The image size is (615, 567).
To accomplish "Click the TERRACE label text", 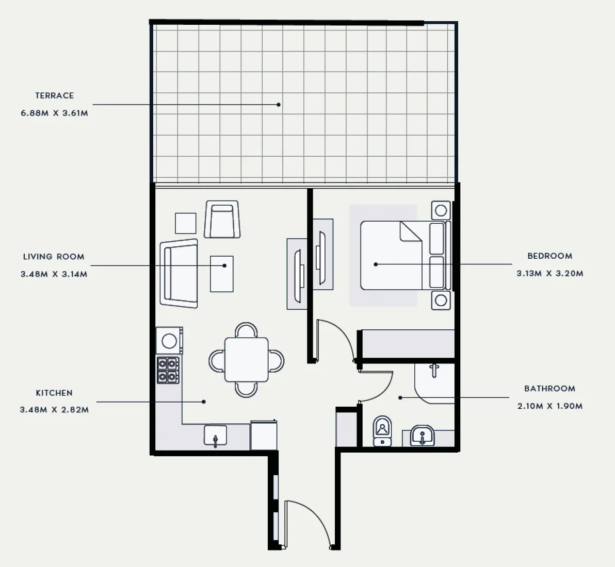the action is click(55, 95).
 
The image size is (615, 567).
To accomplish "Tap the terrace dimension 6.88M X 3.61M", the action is click(55, 113).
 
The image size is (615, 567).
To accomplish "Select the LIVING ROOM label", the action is click(54, 257).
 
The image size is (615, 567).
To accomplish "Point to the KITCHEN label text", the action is click(54, 393).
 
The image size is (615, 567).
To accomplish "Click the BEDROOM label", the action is click(550, 256).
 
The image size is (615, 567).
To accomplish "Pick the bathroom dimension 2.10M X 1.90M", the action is click(550, 406).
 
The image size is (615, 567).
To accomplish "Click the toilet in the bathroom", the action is click(382, 431).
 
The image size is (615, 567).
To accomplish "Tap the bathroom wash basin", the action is click(422, 436).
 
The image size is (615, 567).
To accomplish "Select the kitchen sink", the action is click(215, 436).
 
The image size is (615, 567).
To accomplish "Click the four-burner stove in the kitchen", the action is click(168, 370).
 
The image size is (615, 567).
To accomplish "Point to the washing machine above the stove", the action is click(169, 341).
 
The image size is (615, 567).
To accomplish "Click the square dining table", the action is click(246, 360).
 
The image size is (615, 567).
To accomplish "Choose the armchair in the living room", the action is click(222, 220).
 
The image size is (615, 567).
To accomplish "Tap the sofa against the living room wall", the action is click(179, 274).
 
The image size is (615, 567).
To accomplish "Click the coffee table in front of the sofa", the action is click(222, 274).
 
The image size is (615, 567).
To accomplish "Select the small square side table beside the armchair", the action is click(186, 223).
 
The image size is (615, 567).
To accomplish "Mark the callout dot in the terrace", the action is click(279, 105).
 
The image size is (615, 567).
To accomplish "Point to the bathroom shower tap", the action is click(434, 370).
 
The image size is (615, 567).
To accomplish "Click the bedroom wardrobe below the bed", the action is click(408, 344).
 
